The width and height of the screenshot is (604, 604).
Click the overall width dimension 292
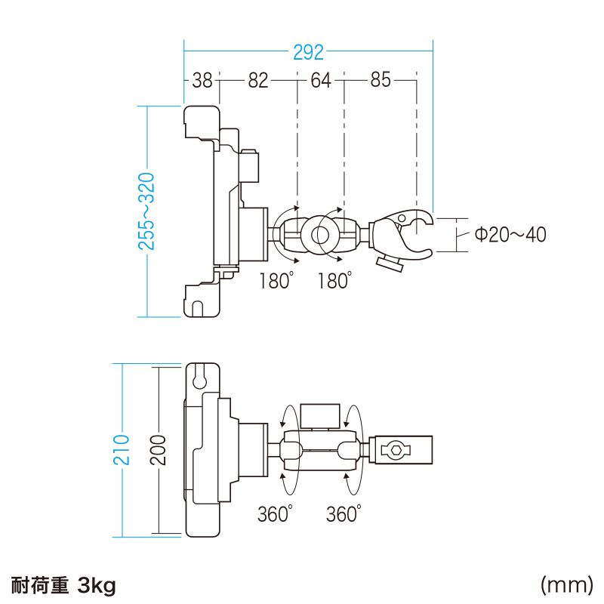pyautogui.click(x=308, y=53)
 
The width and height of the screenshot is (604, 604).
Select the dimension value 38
pyautogui.click(x=202, y=81)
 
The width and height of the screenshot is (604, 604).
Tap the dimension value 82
pyautogui.click(x=258, y=81)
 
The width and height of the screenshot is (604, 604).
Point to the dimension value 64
pyautogui.click(x=321, y=81)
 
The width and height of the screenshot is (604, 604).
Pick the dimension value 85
pyautogui.click(x=381, y=81)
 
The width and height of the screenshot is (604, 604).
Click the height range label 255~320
pyautogui.click(x=147, y=211)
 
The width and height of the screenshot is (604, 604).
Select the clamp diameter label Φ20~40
pyautogui.click(x=510, y=235)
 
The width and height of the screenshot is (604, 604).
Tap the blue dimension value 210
pyautogui.click(x=125, y=451)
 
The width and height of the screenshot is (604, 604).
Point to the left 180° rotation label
pyautogui.click(x=275, y=281)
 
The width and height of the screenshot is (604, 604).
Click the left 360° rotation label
pyautogui.click(x=274, y=515)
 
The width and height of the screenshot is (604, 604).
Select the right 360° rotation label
pyautogui.click(x=344, y=515)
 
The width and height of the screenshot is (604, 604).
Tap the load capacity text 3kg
pyautogui.click(x=97, y=585)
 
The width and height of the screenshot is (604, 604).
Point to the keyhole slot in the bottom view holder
pyautogui.click(x=200, y=375)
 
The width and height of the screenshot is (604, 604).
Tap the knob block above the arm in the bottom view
pyautogui.click(x=320, y=415)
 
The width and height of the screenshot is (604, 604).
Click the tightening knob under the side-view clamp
pyautogui.click(x=390, y=263)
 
